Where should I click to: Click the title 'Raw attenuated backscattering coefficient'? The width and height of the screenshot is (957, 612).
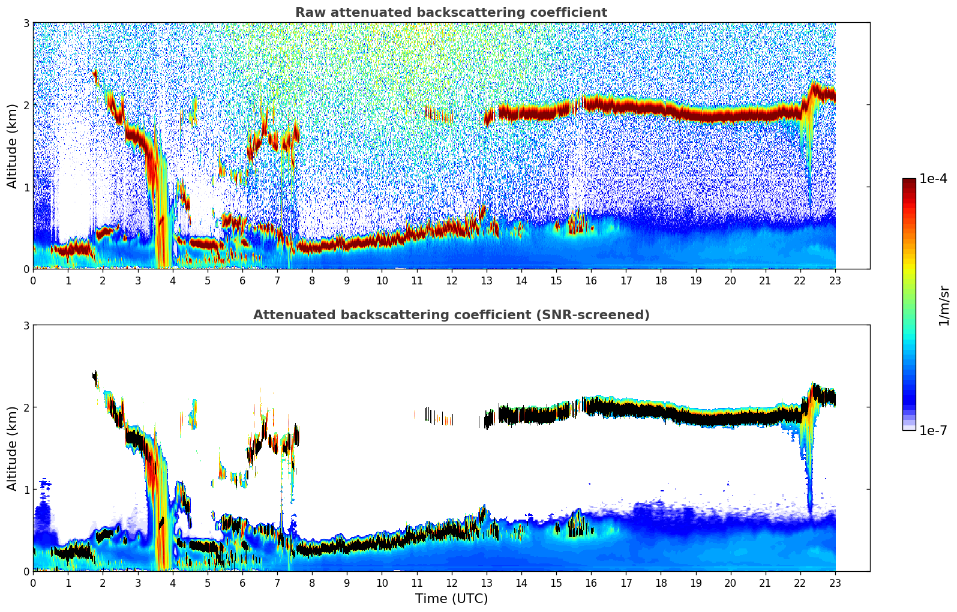point(451,13)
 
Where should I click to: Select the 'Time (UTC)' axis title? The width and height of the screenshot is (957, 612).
point(451,598)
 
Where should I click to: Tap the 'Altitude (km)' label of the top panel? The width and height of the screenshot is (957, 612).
point(12,145)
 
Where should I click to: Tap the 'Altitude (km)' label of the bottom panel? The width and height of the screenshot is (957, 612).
point(12,448)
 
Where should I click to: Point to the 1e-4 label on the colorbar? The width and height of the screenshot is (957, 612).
point(933,179)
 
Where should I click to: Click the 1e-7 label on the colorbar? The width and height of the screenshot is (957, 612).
point(933,430)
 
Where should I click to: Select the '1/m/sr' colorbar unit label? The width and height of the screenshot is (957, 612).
point(944,305)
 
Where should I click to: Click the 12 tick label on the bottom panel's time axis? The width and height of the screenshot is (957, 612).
point(451,583)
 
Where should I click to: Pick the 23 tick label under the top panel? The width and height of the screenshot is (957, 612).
point(835,281)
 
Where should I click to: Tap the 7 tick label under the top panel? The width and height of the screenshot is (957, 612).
point(277,281)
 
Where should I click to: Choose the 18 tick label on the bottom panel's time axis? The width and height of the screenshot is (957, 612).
point(661,583)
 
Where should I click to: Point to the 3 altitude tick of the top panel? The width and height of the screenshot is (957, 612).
point(26,23)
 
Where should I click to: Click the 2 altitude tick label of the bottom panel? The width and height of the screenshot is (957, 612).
point(26,407)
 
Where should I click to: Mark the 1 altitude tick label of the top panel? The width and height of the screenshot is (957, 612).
point(26,187)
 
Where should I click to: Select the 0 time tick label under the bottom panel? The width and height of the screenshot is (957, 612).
point(33,583)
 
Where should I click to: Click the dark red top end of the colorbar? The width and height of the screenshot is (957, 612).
point(908,182)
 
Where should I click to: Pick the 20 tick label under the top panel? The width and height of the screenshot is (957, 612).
point(730,281)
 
